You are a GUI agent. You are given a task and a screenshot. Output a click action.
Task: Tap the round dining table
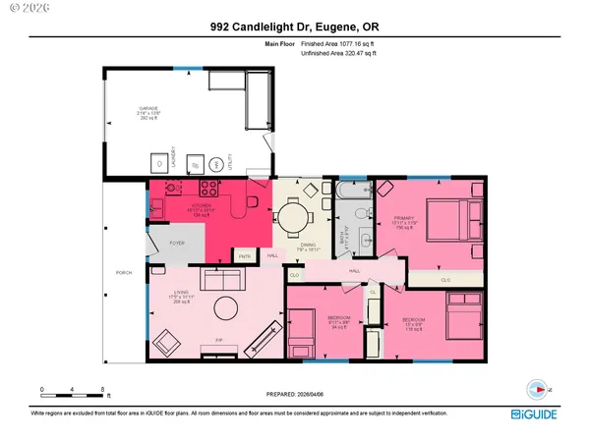tap(292, 213)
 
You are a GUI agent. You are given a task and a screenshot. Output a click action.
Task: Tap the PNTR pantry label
tap(245, 255)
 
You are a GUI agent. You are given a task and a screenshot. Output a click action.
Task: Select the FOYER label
tap(177, 243)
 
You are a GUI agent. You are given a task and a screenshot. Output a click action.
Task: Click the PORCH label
tap(124, 272)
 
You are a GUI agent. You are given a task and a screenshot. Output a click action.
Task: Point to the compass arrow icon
tap(536, 387)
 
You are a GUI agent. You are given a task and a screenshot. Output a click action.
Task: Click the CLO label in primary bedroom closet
tap(444, 279)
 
